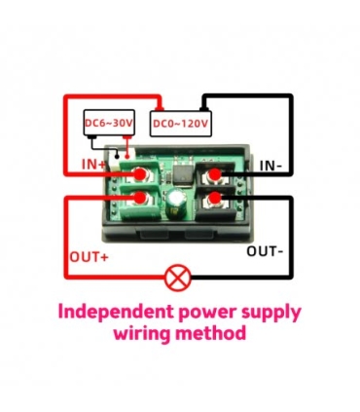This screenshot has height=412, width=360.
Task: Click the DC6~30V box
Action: tap(107, 124)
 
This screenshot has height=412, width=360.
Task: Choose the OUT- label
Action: tap(265, 251)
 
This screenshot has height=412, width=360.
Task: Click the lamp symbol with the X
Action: tap(177, 279)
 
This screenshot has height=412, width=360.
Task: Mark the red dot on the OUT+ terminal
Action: tap(141, 201)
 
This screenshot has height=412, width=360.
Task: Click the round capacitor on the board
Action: tap(176, 203)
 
